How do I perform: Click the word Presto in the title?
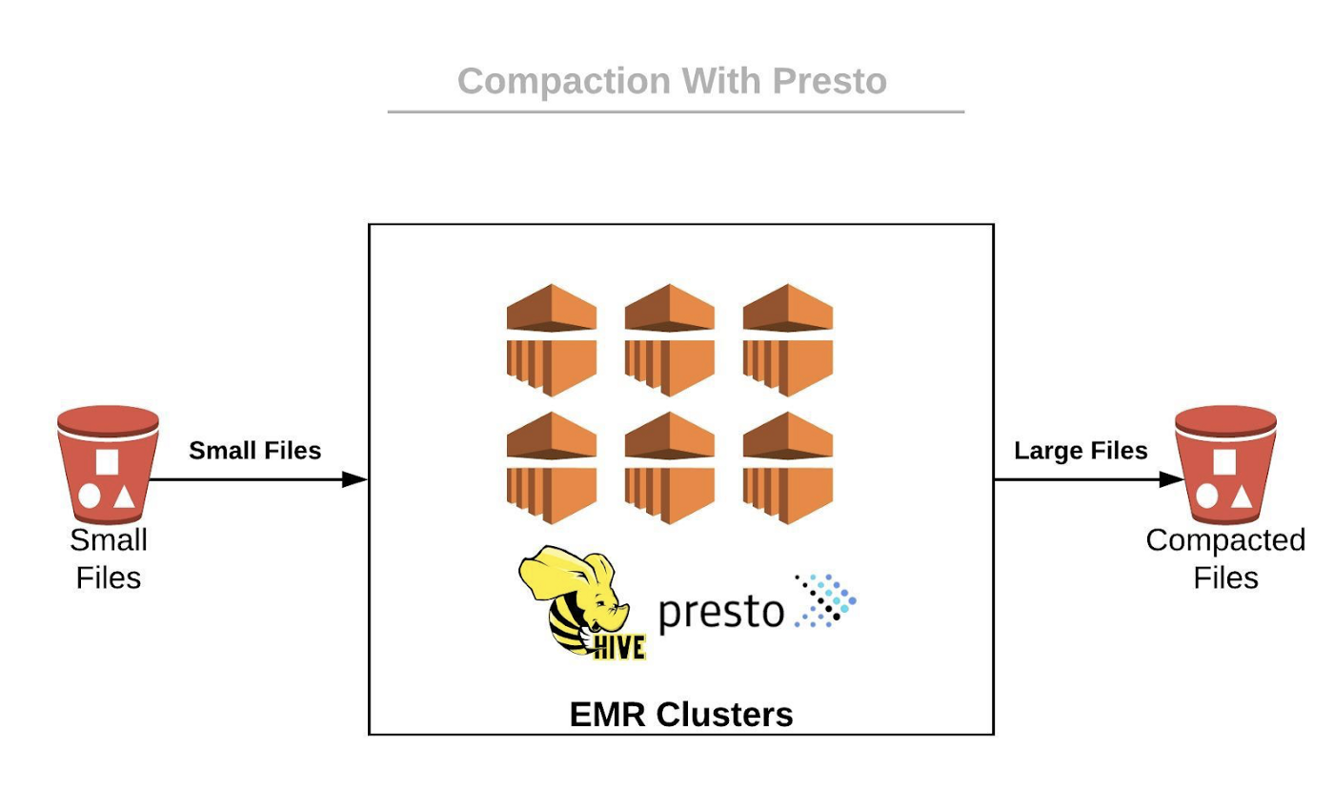(x=829, y=81)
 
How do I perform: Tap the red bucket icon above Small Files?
(x=108, y=464)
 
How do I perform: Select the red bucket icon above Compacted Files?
(x=1225, y=464)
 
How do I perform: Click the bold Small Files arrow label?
(x=254, y=451)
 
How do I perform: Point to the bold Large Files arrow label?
(x=1081, y=451)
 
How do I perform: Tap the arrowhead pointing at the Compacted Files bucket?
(x=1172, y=479)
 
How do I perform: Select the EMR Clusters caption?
(x=681, y=714)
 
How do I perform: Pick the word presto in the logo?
(x=721, y=611)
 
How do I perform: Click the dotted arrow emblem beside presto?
(x=825, y=600)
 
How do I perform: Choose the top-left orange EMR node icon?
(x=552, y=340)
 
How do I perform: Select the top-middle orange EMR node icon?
(x=670, y=340)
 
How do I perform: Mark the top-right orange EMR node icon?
(x=788, y=340)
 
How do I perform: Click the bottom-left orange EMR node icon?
(x=552, y=468)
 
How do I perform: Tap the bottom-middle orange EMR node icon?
(x=670, y=468)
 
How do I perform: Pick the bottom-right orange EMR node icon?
(x=788, y=468)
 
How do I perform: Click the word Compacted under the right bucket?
(x=1225, y=540)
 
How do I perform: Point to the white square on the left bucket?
(x=108, y=461)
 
